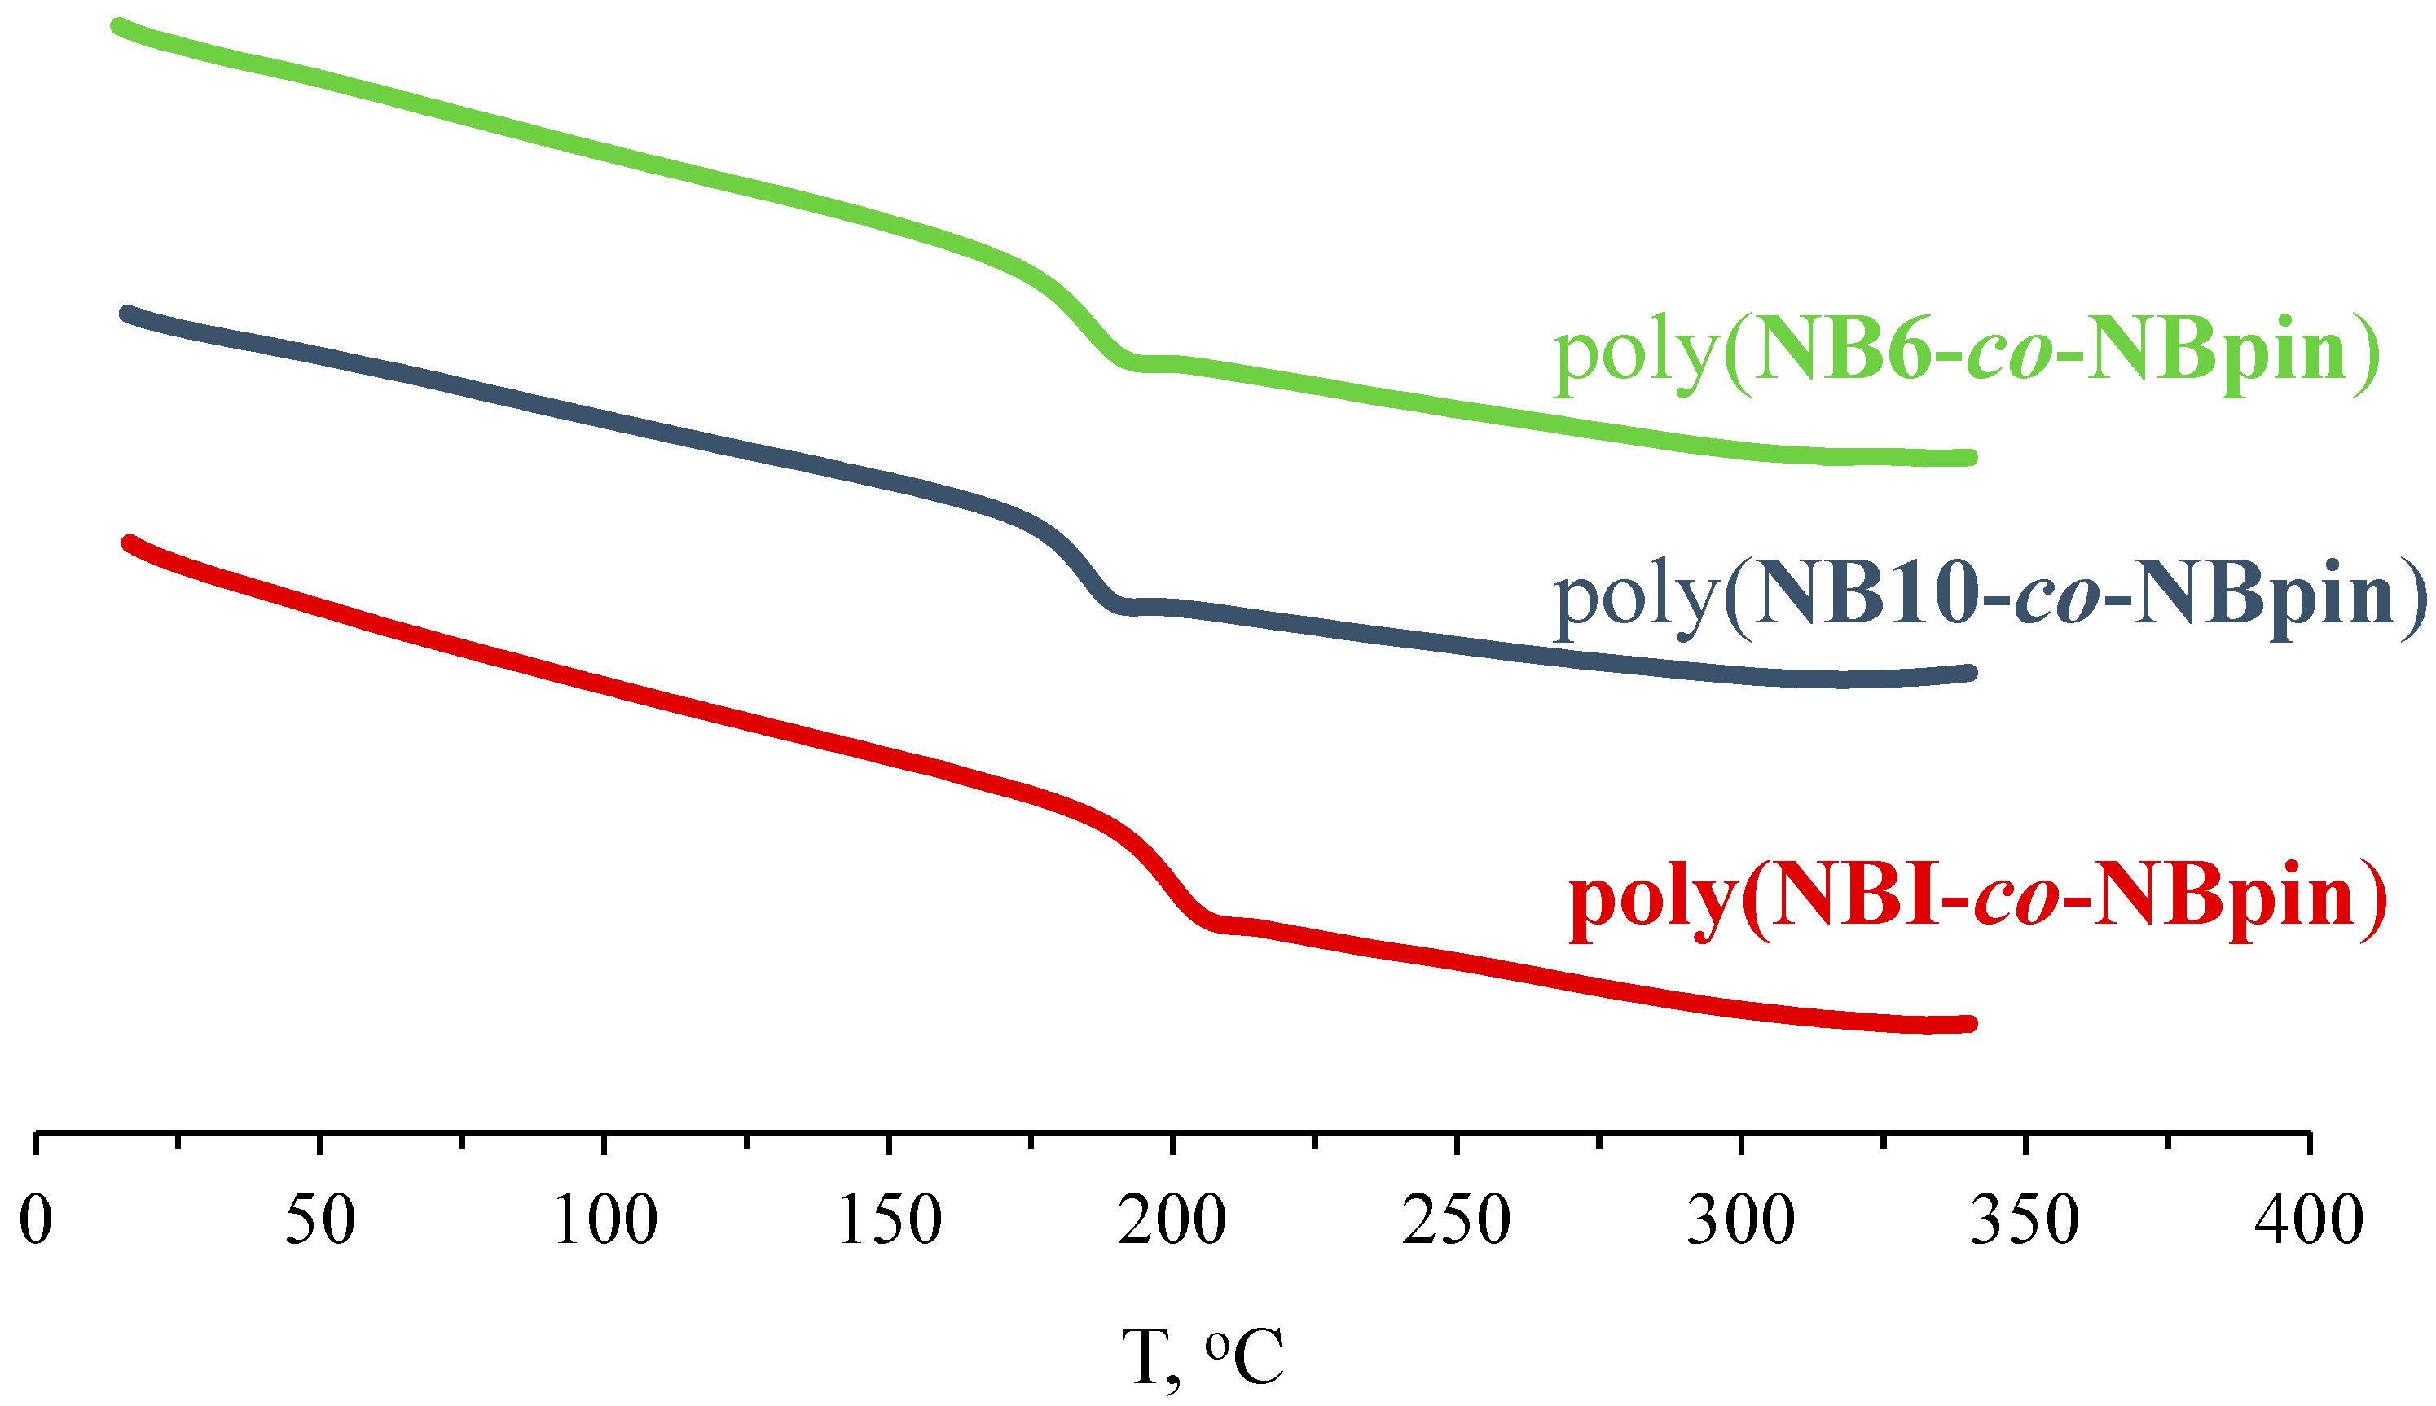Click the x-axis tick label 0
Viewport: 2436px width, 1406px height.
36,1219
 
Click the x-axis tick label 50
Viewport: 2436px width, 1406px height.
320,1219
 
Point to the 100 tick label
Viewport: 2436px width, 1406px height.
605,1219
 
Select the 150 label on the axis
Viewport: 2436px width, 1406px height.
889,1219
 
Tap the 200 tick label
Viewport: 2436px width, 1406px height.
1172,1219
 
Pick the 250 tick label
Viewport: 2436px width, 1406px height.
1456,1219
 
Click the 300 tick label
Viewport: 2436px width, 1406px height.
1741,1219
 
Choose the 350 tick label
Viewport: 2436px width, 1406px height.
2025,1219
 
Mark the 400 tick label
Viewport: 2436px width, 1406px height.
2309,1219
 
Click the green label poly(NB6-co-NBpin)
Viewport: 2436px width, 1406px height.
1966,353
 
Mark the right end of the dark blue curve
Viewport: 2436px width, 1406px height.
1970,673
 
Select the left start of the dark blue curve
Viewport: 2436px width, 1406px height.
126,314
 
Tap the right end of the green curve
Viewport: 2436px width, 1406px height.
1970,458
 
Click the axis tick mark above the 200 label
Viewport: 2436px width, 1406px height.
1172,1142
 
